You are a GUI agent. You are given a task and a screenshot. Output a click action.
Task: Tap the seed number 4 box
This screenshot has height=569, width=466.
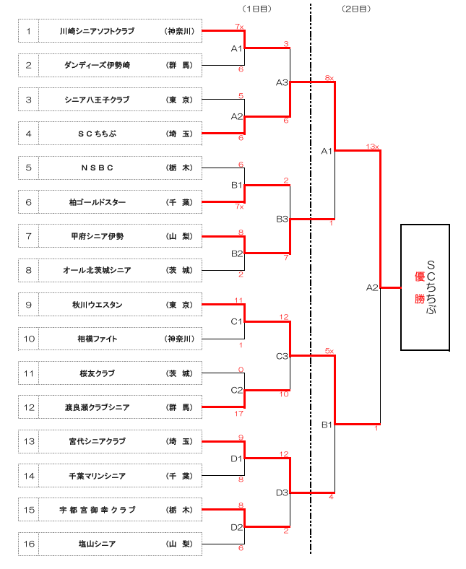point(28,134)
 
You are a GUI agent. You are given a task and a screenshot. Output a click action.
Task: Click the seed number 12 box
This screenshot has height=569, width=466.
point(28,407)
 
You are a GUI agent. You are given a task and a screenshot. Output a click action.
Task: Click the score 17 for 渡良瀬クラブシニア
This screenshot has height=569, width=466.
point(240,414)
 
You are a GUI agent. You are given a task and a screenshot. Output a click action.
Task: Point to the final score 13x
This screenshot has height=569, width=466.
point(373,147)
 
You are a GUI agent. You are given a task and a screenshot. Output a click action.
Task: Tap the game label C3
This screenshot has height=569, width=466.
point(282,356)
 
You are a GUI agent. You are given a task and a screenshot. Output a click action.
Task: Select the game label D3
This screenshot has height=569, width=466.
point(282,492)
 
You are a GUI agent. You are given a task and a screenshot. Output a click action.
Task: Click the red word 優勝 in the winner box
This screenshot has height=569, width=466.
point(419,287)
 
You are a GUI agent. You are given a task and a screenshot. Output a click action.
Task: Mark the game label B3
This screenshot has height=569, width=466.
point(282,219)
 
